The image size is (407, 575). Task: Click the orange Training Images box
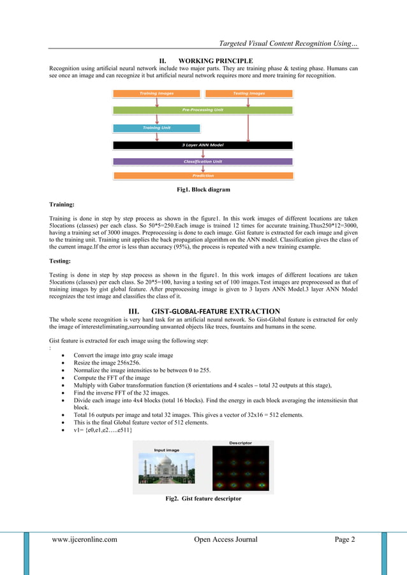156,94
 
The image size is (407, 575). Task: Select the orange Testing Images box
249,94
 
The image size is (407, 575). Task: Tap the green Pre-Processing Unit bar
203,110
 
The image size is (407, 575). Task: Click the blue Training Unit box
156,127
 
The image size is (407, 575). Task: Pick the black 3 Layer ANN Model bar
203,145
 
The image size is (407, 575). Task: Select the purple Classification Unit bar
203,161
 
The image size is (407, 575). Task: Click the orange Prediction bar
203,175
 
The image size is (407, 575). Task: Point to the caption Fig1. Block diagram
203,189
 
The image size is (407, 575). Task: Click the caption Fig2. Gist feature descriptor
203,499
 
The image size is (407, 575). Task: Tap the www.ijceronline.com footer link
84,540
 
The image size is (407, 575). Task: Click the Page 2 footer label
344,540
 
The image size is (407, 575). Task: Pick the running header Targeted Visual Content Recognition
288,43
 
